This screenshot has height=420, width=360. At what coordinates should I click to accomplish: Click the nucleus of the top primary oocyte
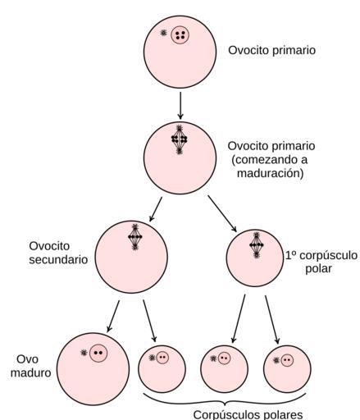point(180,34)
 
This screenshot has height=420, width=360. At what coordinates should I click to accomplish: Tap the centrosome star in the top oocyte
point(163,33)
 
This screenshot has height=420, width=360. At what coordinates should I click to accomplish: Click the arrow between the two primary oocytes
point(180,106)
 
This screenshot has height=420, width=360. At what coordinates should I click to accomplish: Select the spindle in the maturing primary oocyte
point(179,139)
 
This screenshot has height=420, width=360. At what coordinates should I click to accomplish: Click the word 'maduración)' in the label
point(270,174)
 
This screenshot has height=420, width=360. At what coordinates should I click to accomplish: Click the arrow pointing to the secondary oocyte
point(156,209)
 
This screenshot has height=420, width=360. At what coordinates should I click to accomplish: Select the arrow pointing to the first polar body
point(222,213)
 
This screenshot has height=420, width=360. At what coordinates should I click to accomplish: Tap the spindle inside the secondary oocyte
point(135,237)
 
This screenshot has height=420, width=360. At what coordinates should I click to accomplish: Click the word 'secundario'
point(58,259)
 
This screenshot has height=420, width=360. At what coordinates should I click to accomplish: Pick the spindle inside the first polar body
point(256,245)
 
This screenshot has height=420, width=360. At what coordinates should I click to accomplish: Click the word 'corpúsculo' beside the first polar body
point(328,256)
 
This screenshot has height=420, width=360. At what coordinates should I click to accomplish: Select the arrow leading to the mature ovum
point(113,316)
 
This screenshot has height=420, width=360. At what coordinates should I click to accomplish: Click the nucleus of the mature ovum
point(98,353)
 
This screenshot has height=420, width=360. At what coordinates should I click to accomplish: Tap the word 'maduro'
point(31,373)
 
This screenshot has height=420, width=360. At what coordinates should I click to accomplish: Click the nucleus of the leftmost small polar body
point(162,358)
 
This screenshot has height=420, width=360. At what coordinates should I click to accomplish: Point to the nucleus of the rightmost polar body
point(287,360)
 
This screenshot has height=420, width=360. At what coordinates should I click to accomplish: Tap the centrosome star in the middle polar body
point(213,358)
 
